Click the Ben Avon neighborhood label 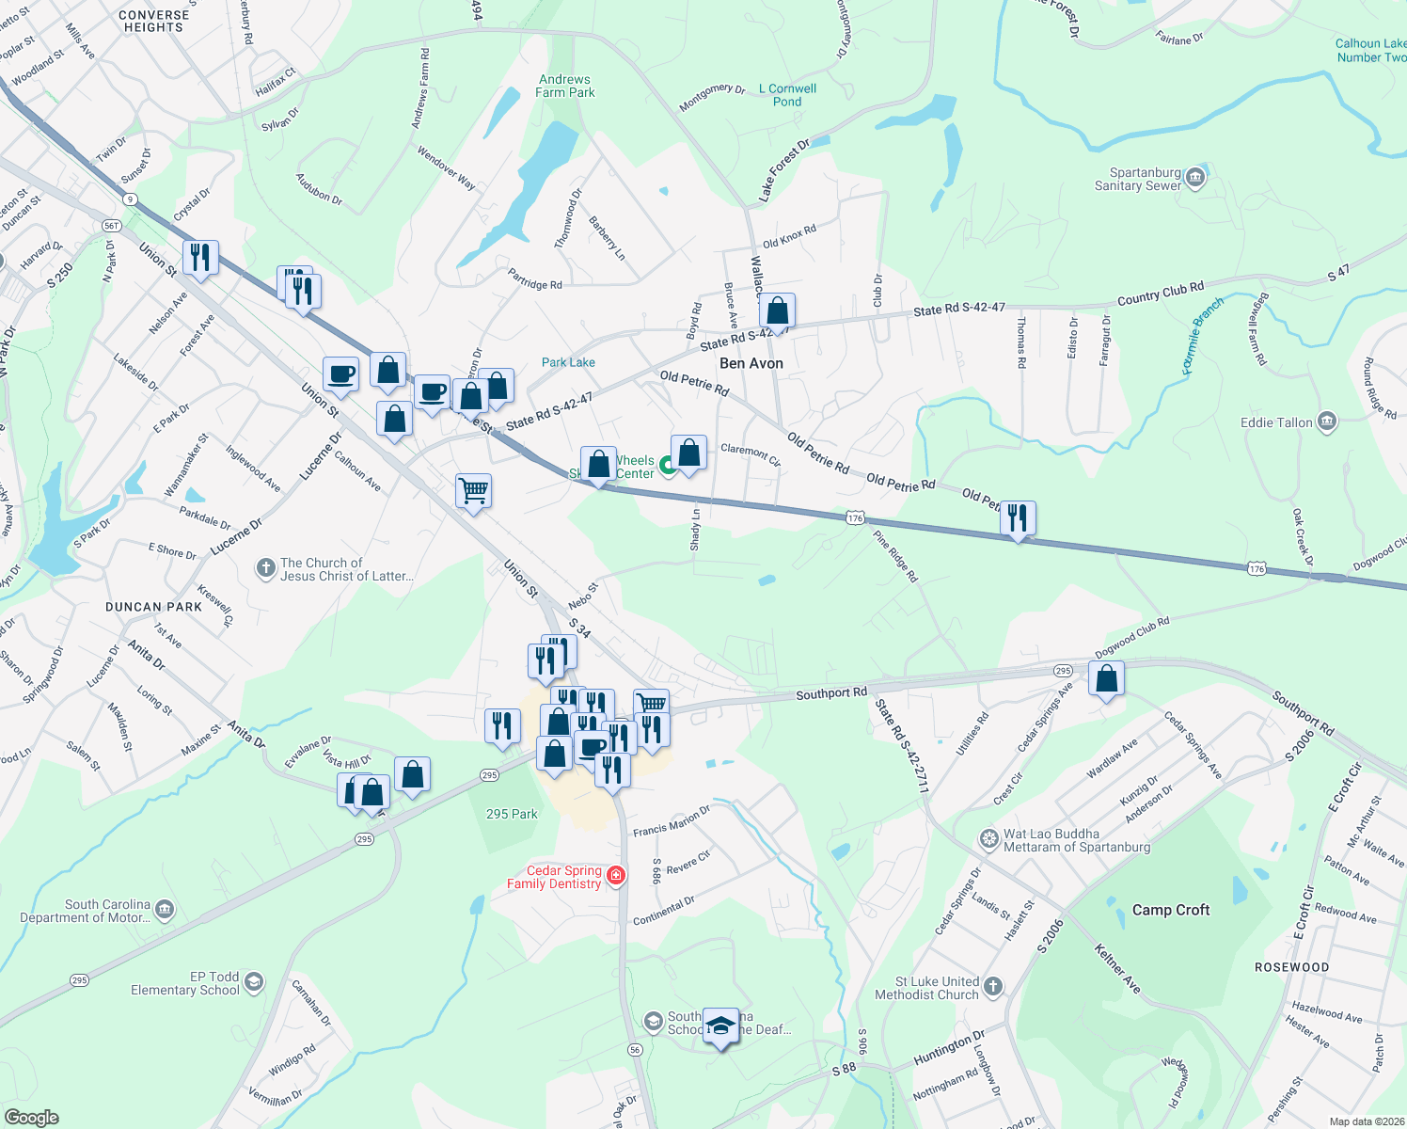coord(751,363)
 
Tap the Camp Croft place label coord(1170,910)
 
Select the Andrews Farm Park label coord(564,87)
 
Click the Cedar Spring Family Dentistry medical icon coord(616,876)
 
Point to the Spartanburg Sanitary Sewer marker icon coord(1195,178)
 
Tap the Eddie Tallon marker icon coord(1327,421)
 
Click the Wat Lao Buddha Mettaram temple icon coord(988,838)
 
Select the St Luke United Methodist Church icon coord(993,987)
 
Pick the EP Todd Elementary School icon coord(253,983)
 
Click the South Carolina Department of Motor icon coord(165,910)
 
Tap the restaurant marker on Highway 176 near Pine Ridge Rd coord(1018,518)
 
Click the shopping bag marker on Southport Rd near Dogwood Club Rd coord(1107,679)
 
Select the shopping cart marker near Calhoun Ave coord(473,491)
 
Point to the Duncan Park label coord(153,607)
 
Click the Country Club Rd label coord(1160,294)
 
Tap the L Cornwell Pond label coord(787,95)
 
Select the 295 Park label coord(512,814)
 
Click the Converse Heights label coord(153,21)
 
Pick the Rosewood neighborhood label coord(1291,967)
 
